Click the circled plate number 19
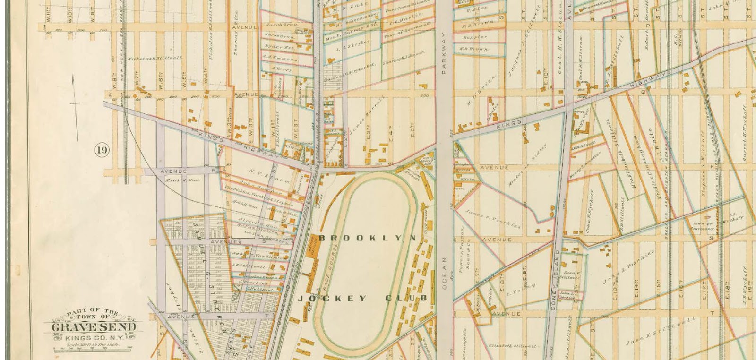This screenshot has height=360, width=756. [x=102, y=151]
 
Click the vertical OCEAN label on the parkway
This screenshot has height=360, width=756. [x=444, y=274]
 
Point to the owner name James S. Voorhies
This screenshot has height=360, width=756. [x=493, y=219]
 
